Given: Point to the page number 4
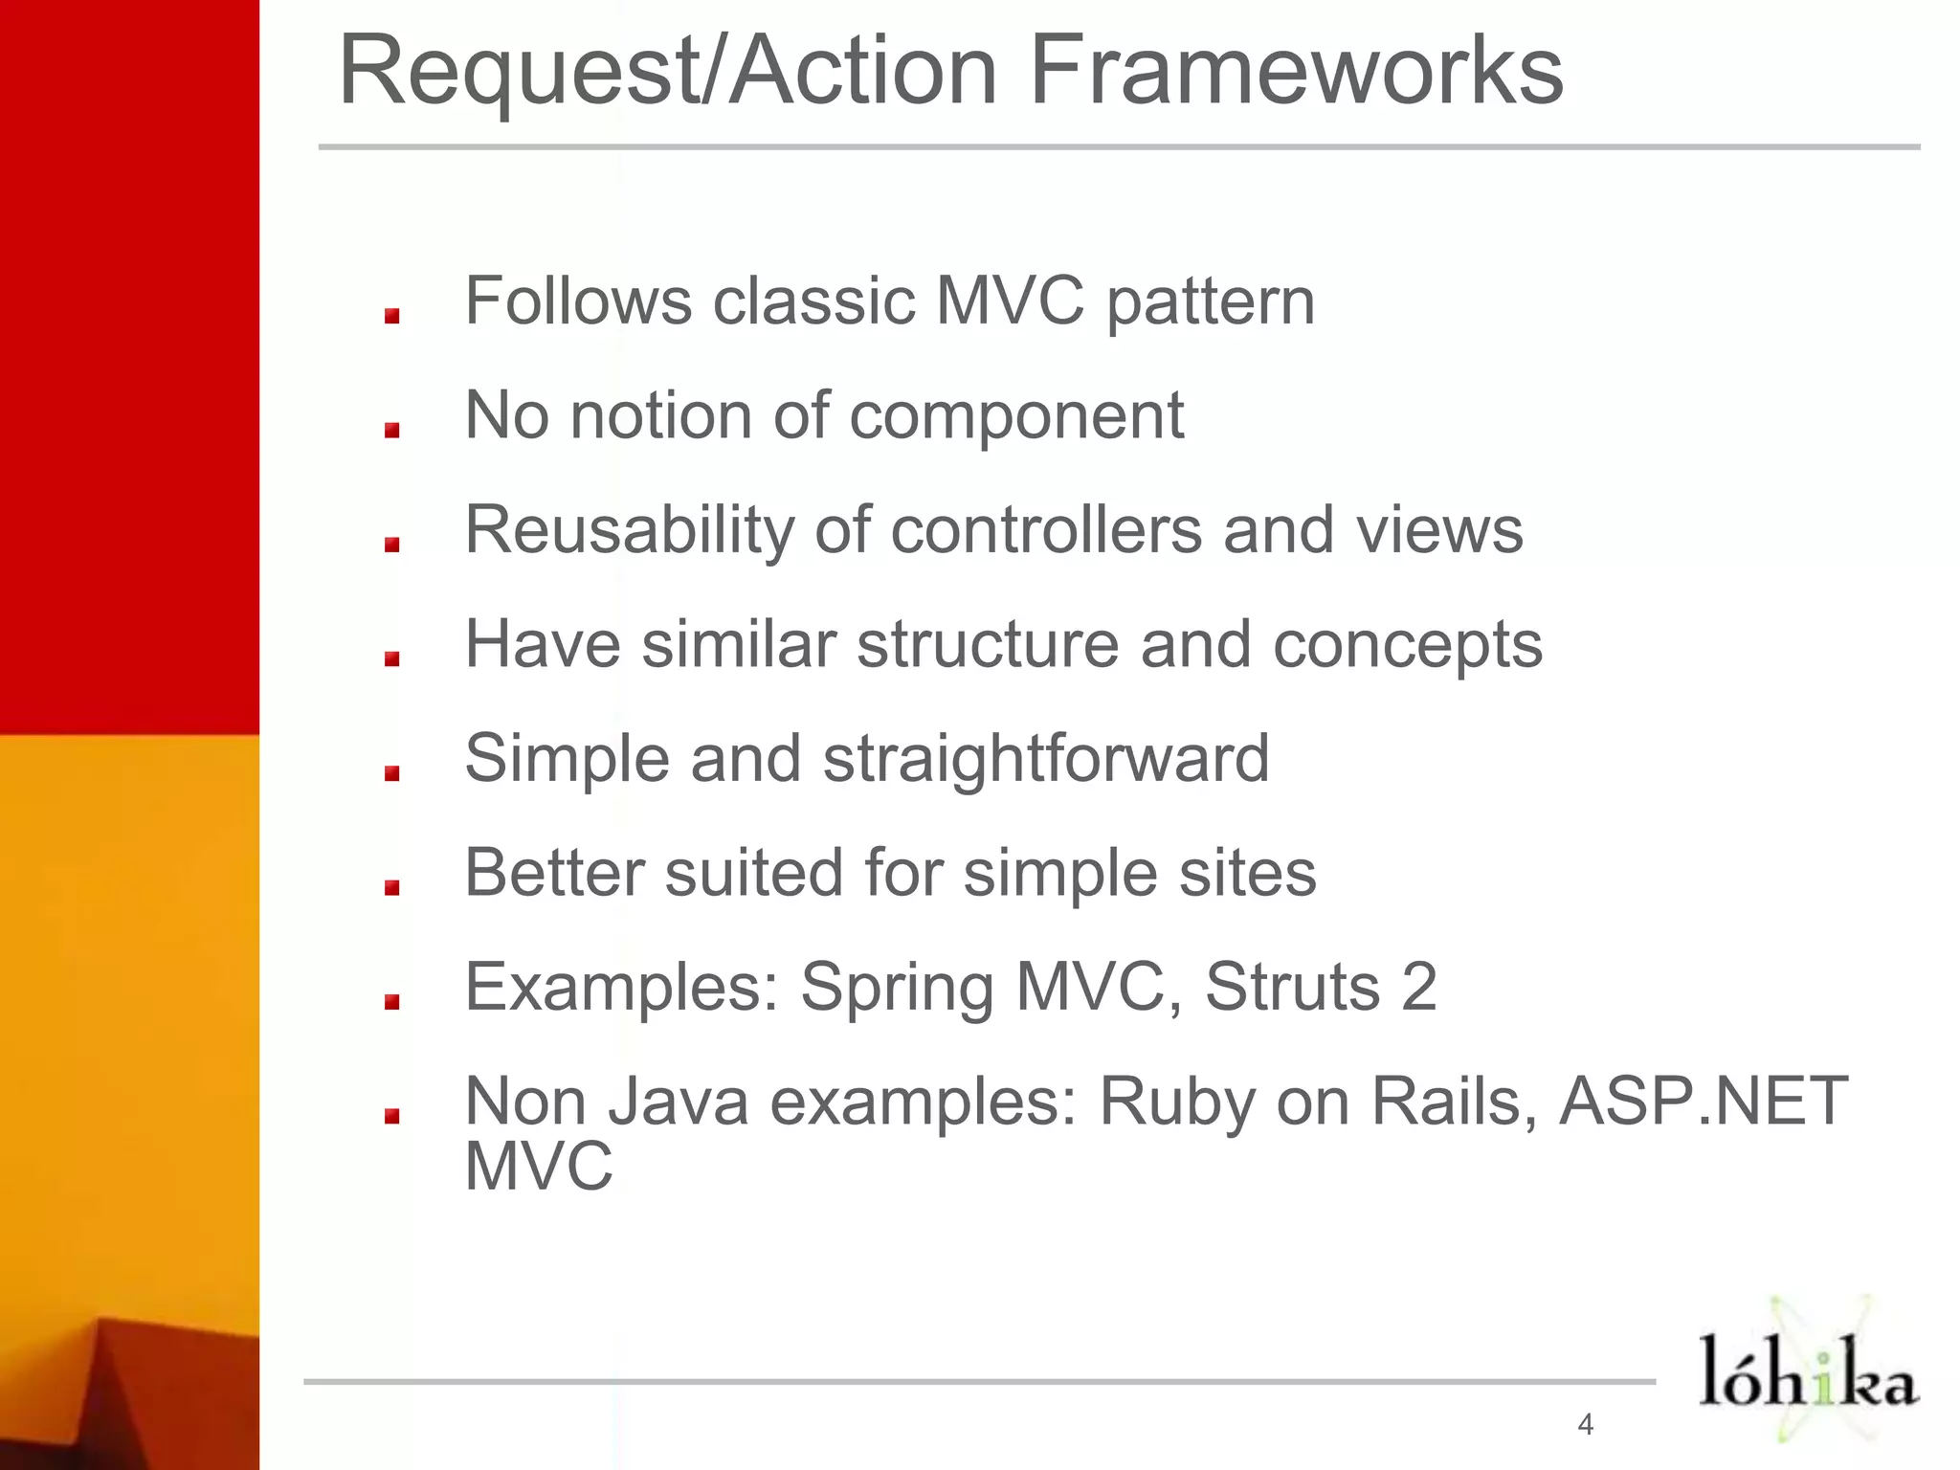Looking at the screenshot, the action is pos(1586,1424).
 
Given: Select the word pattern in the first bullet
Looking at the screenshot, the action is pos(1211,303).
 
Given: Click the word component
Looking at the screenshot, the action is pos(1016,418).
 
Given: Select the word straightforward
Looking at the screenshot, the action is pos(1046,759).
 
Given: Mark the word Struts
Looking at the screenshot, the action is pos(1291,987).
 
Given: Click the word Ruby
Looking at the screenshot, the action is pos(1176,1103).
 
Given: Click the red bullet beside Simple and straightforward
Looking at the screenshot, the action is pos(391,773).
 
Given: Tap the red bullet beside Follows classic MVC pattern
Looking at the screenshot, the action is pos(391,316).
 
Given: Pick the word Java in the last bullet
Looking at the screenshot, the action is pos(679,1102).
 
